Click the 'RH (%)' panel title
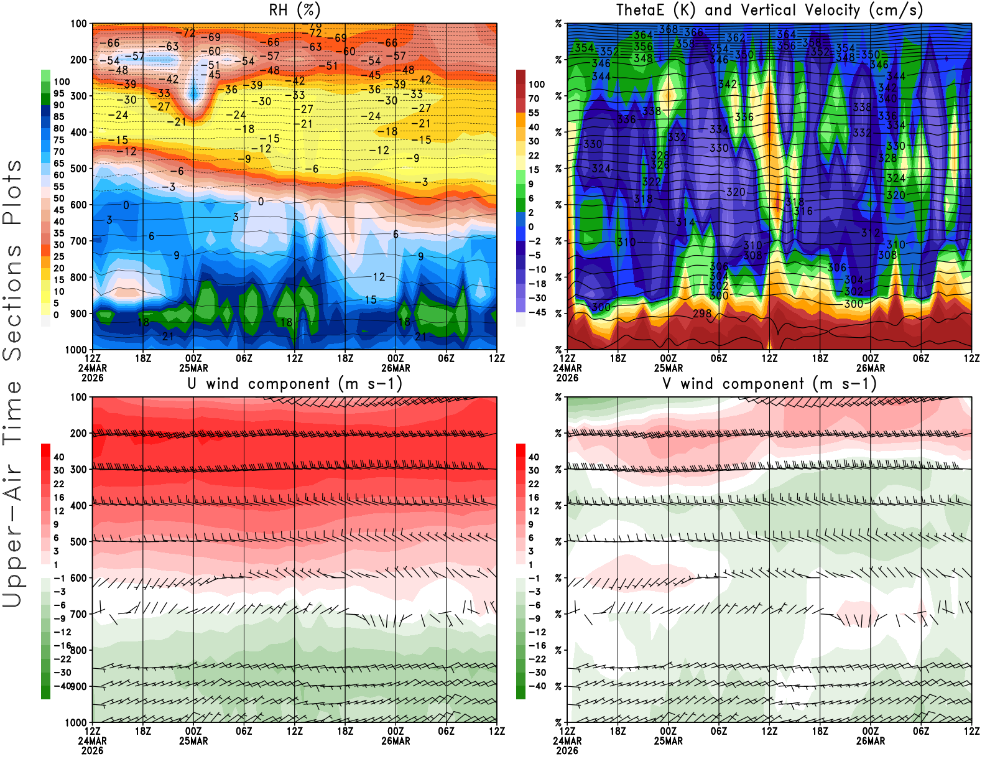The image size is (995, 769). point(295,11)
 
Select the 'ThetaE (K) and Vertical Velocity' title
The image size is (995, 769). point(769,11)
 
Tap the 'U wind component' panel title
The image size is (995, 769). point(295,384)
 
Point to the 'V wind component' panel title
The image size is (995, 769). point(769,384)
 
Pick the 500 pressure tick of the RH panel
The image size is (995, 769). point(79,169)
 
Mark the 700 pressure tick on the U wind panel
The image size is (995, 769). point(79,614)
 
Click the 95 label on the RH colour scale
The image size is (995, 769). point(59,93)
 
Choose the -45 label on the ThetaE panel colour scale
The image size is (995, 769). point(537,312)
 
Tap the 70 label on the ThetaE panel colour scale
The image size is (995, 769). point(534,98)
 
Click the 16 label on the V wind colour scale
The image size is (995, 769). point(534,497)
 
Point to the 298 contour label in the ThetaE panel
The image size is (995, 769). point(702,313)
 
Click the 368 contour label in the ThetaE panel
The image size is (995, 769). point(669,29)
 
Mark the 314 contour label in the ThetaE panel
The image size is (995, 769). point(685,222)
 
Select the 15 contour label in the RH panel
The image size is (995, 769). point(371,300)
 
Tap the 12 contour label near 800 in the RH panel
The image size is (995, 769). point(379,277)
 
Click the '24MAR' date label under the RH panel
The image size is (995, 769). point(92,368)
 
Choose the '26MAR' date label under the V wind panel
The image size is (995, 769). point(870,741)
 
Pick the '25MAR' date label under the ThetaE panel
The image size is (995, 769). point(668,368)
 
